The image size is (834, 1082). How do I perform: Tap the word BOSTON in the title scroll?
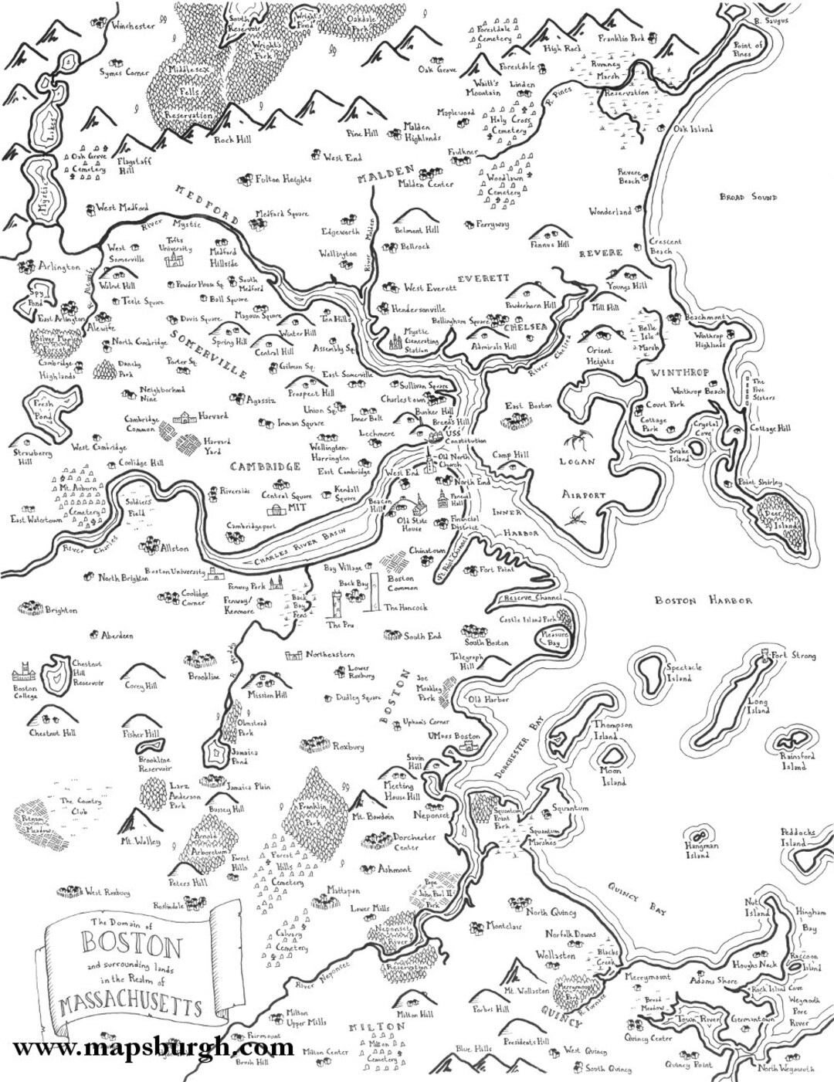pyautogui.click(x=131, y=945)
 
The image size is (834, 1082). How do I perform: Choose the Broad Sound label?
pyautogui.click(x=748, y=198)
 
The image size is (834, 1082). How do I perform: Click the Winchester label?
pyautogui.click(x=133, y=25)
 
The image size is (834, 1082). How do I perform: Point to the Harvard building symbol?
pyautogui.click(x=185, y=418)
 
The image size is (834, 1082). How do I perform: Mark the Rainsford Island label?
pyautogui.click(x=797, y=761)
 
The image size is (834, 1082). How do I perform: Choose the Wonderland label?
pyautogui.click(x=610, y=212)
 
